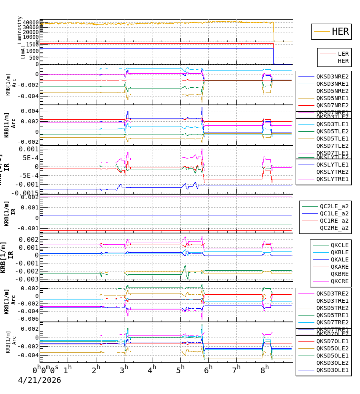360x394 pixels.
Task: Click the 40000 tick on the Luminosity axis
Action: [x=31, y=22]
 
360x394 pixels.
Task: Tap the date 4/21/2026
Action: [x=39, y=380]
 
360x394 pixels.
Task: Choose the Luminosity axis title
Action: [x=20, y=30]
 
